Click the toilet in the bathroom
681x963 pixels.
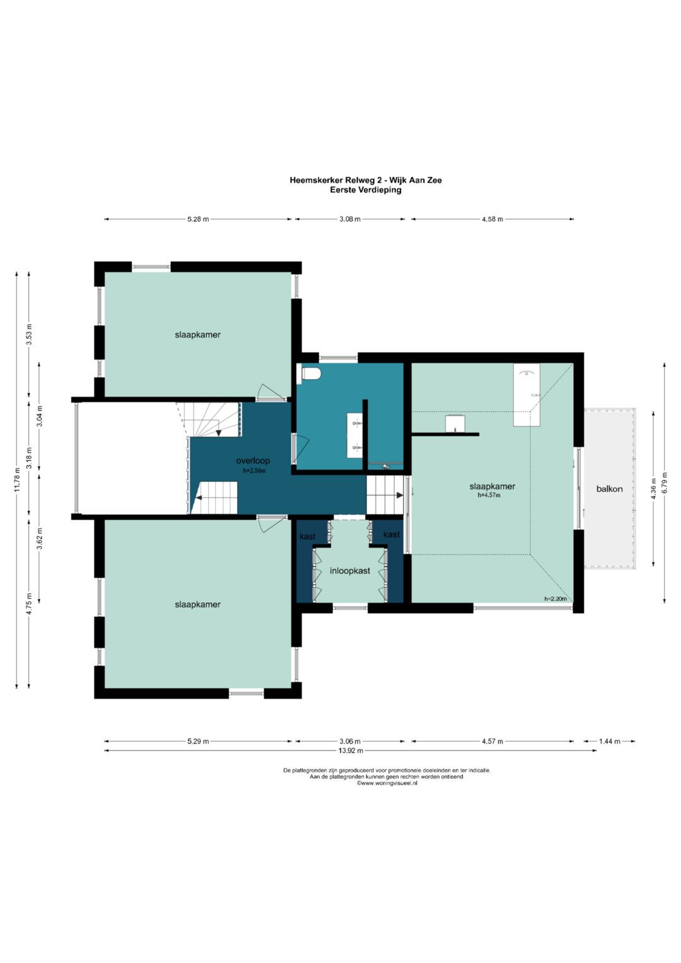click(310, 374)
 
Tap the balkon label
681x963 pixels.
click(609, 489)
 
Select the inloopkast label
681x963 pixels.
click(350, 571)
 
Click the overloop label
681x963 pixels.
click(253, 460)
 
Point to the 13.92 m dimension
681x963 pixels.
click(351, 750)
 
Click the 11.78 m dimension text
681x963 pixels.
click(17, 479)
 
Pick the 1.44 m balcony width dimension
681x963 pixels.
click(609, 741)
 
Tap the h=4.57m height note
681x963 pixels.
click(489, 495)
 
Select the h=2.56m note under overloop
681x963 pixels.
click(254, 470)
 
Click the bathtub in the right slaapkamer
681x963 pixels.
click(527, 395)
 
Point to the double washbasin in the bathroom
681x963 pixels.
click(355, 436)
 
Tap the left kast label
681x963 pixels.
click(308, 537)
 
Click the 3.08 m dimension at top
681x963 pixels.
click(350, 219)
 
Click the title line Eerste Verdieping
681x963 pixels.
click(366, 190)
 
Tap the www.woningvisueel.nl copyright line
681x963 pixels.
click(387, 783)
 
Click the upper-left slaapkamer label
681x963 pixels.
click(197, 334)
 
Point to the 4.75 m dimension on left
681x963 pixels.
click(29, 604)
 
